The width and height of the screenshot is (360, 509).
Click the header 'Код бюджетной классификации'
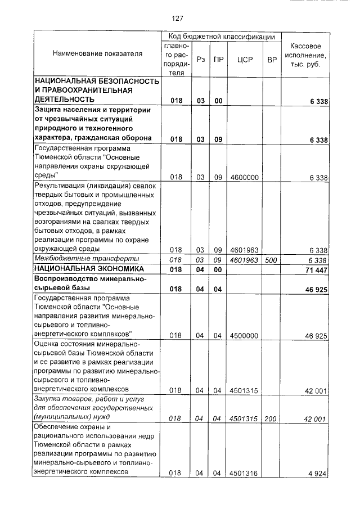click(x=218, y=37)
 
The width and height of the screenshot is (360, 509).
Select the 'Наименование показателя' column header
click(x=97, y=54)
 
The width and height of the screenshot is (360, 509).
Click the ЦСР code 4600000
click(x=244, y=178)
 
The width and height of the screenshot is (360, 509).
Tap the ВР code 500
click(x=272, y=260)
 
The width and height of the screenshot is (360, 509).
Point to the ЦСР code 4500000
click(x=244, y=335)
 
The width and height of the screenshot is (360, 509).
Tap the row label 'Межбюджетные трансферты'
click(x=79, y=259)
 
